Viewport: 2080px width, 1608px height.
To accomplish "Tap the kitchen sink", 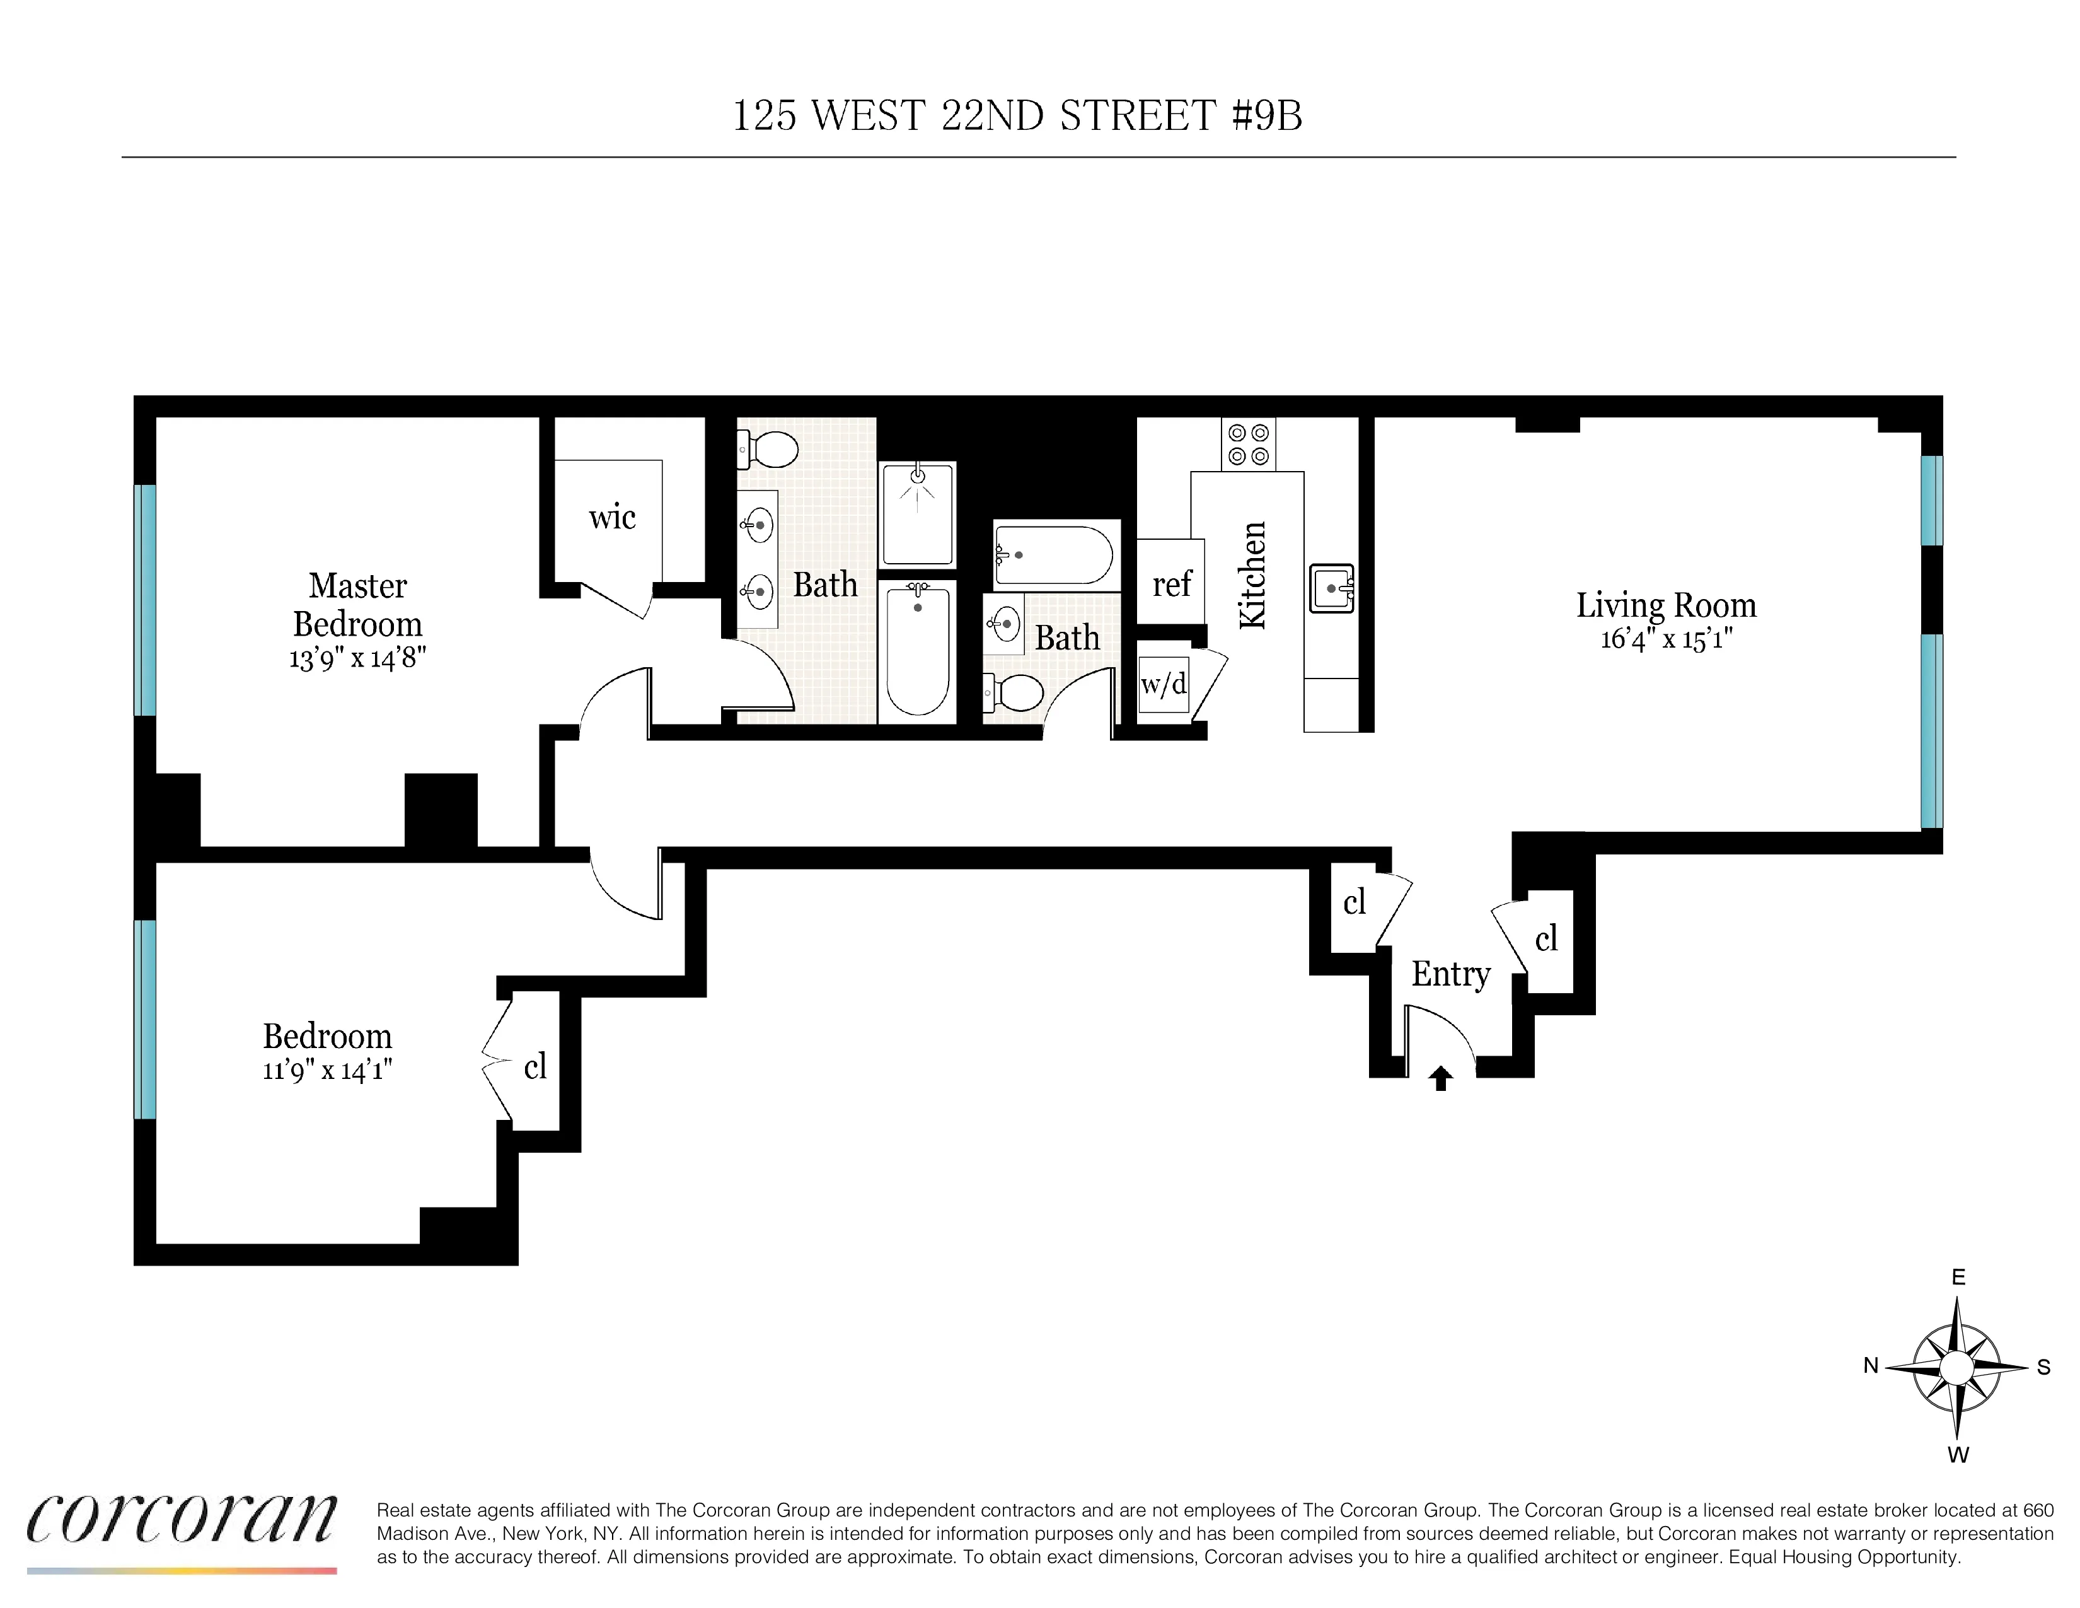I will (x=1331, y=589).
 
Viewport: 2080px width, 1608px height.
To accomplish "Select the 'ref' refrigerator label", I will (x=1172, y=584).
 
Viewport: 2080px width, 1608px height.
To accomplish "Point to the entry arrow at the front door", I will (x=1441, y=1078).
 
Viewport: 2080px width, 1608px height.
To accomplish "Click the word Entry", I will (x=1450, y=974).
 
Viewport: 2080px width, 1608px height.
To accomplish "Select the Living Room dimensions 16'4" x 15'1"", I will (x=1666, y=638).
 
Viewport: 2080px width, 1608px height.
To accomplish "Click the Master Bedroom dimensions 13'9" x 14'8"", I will (x=357, y=657).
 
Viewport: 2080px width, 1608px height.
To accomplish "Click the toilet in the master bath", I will (x=770, y=450).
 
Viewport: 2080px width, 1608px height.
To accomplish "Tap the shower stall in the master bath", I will (x=917, y=515).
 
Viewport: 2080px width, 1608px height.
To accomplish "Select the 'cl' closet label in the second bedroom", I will (x=535, y=1067).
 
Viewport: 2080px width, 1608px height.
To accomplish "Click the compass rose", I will (x=1956, y=1368).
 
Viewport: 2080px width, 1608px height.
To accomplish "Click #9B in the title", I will (x=1267, y=115).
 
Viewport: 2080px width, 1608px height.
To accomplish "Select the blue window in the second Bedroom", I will (x=145, y=1018).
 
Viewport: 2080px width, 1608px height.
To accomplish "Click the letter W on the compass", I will (x=1957, y=1455).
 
